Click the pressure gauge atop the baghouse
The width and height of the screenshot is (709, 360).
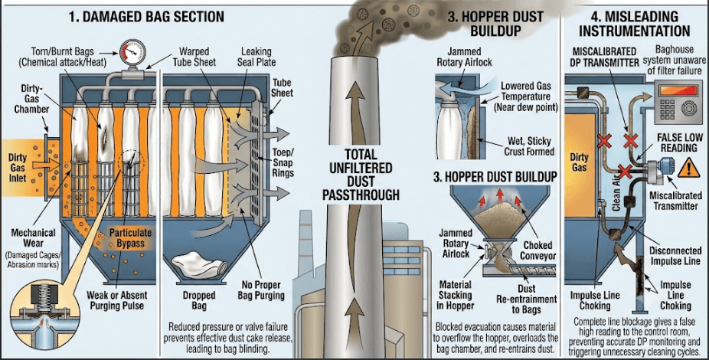click(132, 52)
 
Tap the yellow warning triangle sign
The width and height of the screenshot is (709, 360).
click(688, 167)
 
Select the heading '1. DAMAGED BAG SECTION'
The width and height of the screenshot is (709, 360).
click(146, 17)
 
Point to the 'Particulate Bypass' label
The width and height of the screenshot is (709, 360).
click(130, 238)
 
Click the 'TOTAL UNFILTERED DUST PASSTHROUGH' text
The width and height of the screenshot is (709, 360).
click(361, 175)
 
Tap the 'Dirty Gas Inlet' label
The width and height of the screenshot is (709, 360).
click(18, 168)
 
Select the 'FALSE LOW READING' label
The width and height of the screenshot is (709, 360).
click(680, 143)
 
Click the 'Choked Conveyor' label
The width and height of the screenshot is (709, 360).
click(537, 250)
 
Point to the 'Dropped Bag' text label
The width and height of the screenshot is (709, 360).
click(199, 300)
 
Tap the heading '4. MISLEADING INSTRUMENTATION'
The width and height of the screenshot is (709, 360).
click(635, 24)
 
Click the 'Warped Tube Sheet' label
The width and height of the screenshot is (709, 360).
click(194, 57)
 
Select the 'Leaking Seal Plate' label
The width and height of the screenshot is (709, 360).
click(256, 57)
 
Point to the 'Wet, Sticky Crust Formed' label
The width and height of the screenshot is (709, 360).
click(529, 146)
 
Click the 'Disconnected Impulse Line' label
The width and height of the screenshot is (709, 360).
click(675, 256)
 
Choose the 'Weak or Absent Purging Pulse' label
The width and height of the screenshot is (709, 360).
click(117, 300)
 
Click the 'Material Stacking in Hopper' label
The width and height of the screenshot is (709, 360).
click(455, 296)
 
